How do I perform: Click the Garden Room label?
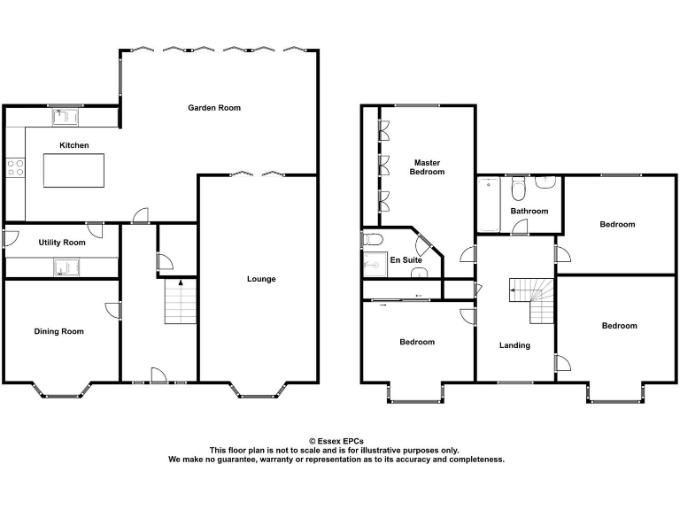click(x=214, y=108)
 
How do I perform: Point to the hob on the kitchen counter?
click(x=15, y=166)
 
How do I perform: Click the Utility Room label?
click(x=62, y=242)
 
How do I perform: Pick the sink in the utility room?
click(x=66, y=266)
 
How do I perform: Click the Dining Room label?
click(x=59, y=331)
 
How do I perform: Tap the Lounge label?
click(x=261, y=279)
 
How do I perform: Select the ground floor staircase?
click(x=181, y=303)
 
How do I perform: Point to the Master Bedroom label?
click(x=427, y=166)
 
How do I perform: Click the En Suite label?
click(x=406, y=259)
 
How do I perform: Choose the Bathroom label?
click(x=529, y=211)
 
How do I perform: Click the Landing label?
click(x=514, y=345)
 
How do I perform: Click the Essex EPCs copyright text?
click(x=336, y=441)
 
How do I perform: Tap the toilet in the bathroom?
click(x=520, y=187)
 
